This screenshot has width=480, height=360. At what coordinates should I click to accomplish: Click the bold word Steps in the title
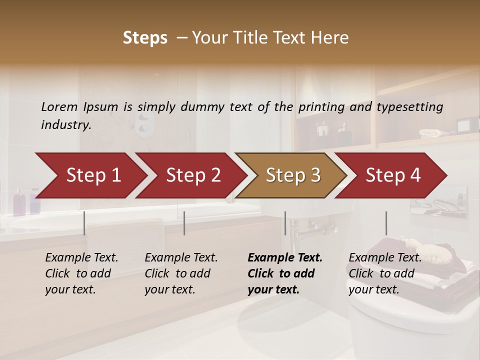pyautogui.click(x=145, y=38)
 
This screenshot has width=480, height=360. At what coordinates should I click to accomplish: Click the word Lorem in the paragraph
pyautogui.click(x=59, y=107)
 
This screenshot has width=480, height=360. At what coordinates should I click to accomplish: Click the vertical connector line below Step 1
pyautogui.click(x=84, y=223)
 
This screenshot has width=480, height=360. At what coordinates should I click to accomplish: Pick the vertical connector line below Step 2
pyautogui.click(x=184, y=223)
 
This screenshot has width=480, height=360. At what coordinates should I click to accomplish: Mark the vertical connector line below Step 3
pyautogui.click(x=285, y=223)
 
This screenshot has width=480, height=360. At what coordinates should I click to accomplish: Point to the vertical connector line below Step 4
pyautogui.click(x=386, y=223)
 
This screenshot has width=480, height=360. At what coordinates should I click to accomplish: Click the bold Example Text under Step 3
pyautogui.click(x=285, y=258)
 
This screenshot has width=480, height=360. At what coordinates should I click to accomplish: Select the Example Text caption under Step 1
pyautogui.click(x=81, y=258)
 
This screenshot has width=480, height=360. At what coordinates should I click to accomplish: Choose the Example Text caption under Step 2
pyautogui.click(x=181, y=258)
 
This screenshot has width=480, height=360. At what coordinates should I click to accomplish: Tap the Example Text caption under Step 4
pyautogui.click(x=385, y=258)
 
